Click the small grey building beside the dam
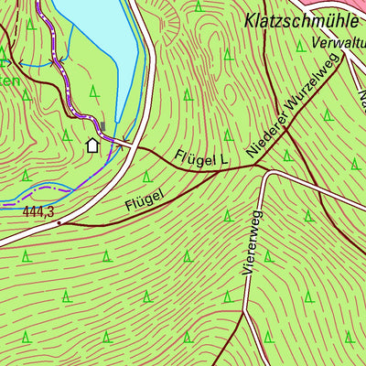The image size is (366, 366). (103, 125)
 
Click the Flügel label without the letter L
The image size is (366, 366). (145, 199)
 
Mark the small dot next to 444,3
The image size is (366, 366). (59, 221)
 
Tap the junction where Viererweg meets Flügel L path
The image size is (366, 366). (263, 170)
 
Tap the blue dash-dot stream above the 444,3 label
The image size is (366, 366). (37, 193)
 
